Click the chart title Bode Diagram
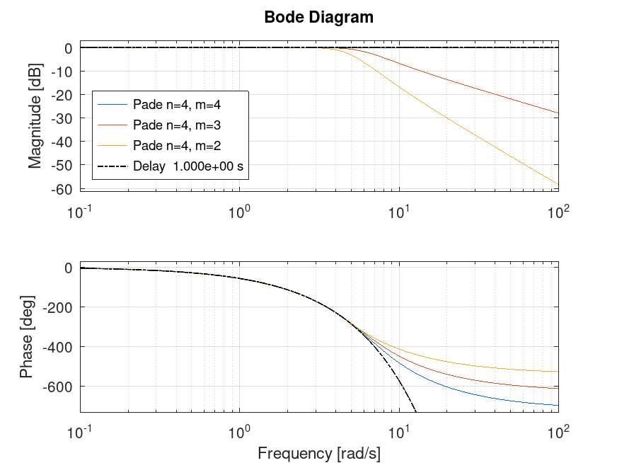[x=318, y=17]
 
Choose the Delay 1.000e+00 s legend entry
[x=188, y=167]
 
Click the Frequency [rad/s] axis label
[x=318, y=452]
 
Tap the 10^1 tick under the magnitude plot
[x=400, y=211]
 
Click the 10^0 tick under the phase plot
[x=240, y=430]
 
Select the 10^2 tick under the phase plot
[x=560, y=430]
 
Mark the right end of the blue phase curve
[x=558, y=406]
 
